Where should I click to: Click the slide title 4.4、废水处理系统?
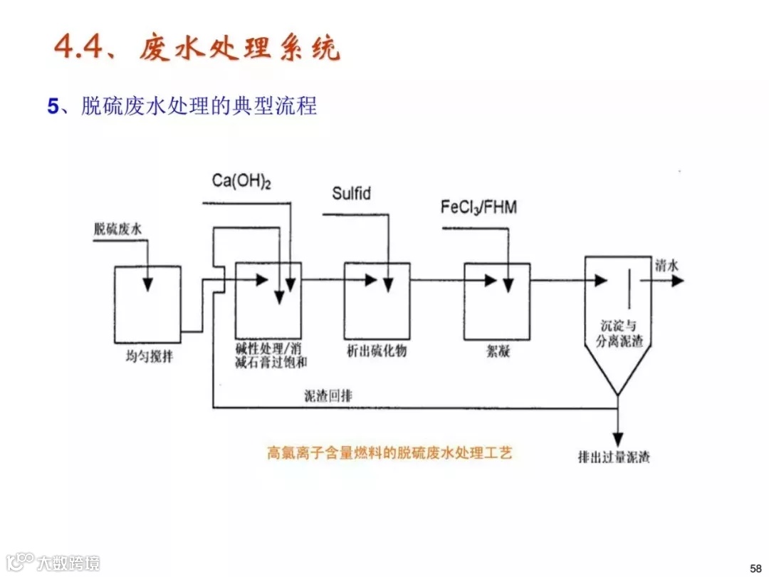[x=197, y=48]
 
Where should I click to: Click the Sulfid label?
[x=352, y=193]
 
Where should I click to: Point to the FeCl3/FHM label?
[x=478, y=208]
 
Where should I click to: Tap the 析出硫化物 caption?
[x=377, y=351]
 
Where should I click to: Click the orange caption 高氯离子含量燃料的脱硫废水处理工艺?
[x=389, y=453]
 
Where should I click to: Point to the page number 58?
[x=755, y=567]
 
